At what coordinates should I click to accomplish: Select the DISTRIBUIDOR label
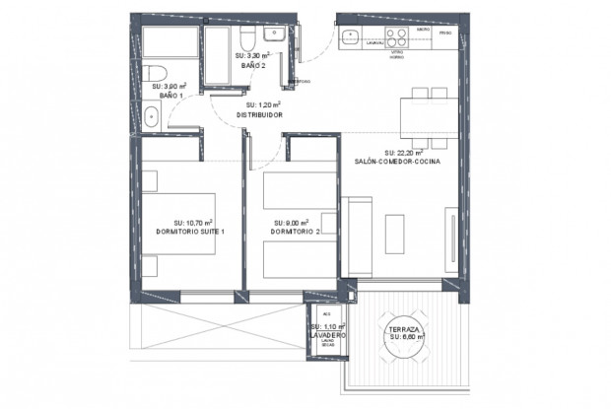coord(258,115)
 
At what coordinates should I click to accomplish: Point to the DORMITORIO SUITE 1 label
coord(190,233)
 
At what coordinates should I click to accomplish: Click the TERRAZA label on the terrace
coord(405,329)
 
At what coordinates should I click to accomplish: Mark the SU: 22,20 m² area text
coord(404,153)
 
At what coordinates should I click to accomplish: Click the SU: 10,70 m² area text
coord(193,223)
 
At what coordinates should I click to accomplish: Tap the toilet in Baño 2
coord(247,38)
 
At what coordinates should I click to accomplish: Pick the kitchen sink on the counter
coord(350,36)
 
